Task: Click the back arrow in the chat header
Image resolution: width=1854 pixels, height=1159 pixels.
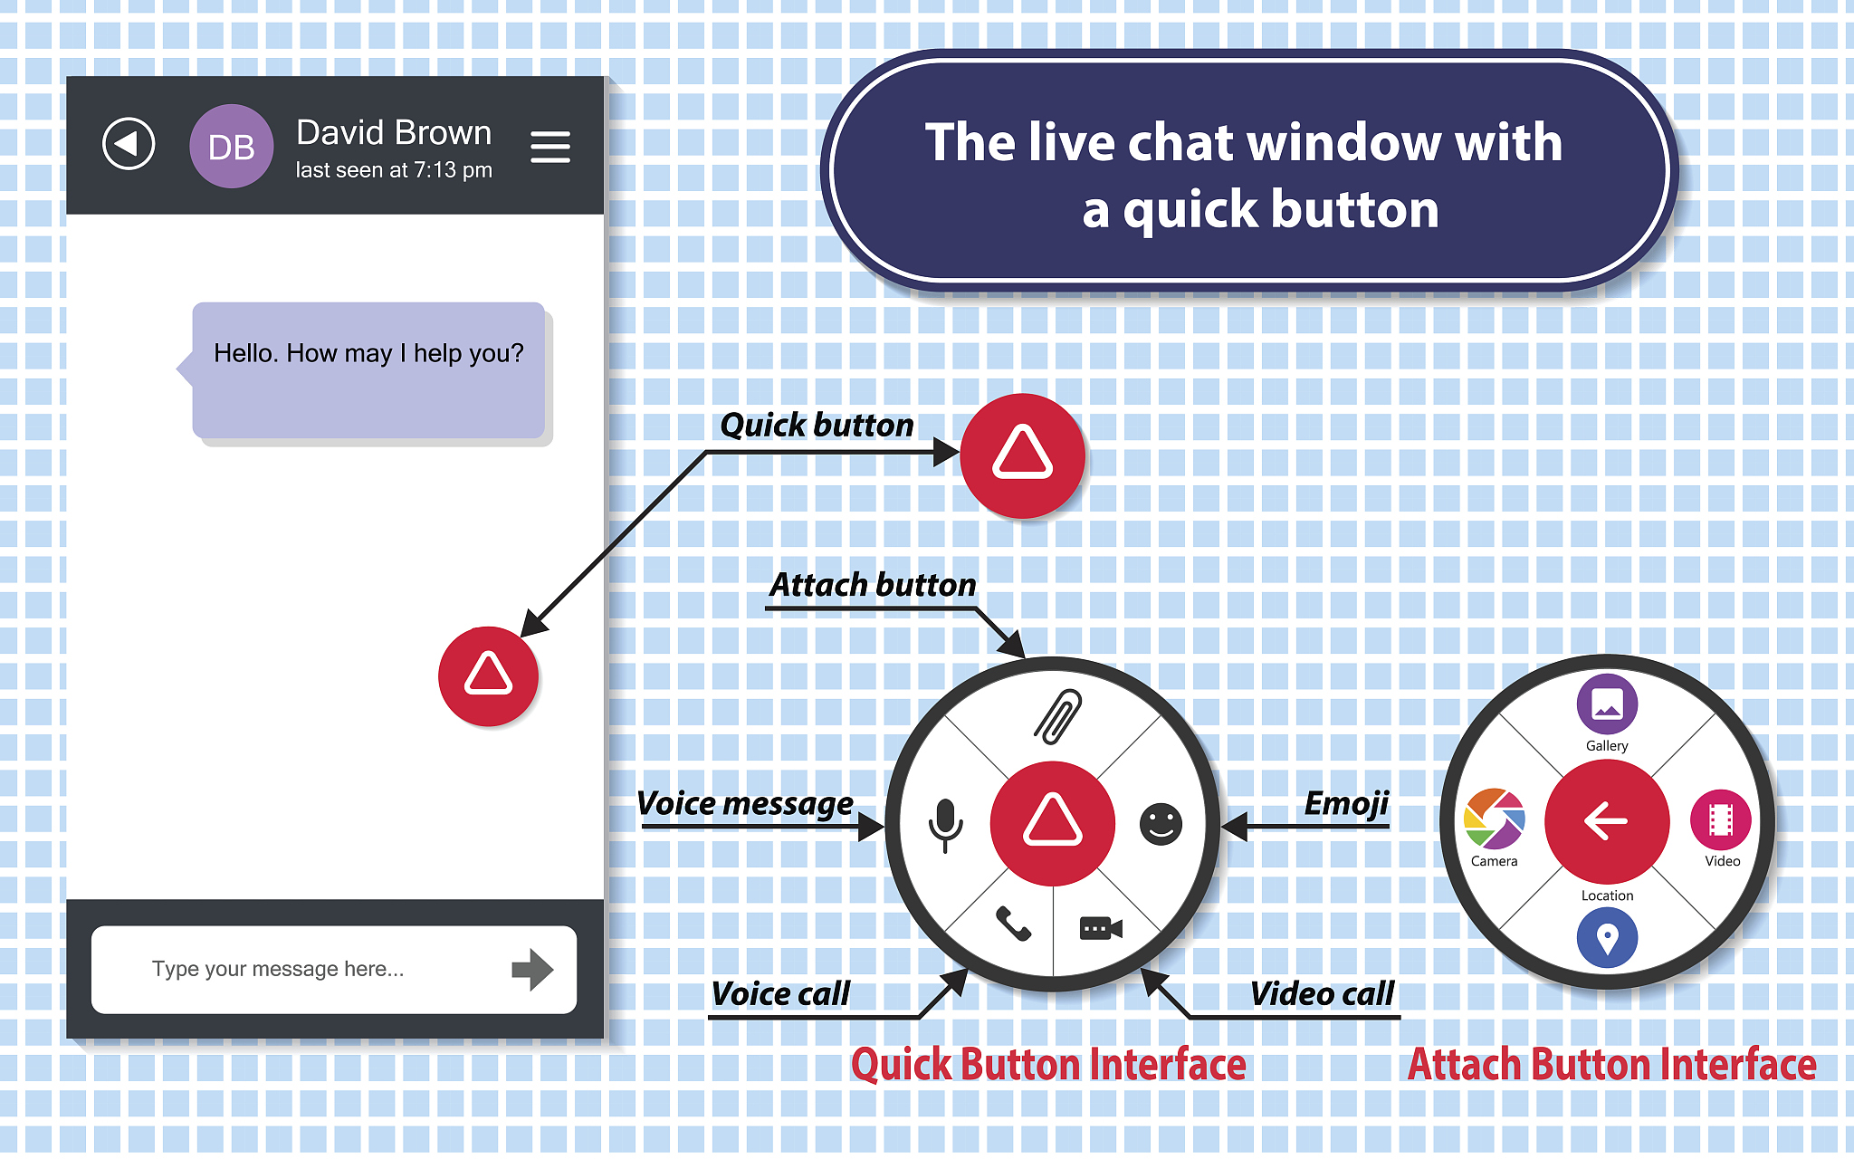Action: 129,144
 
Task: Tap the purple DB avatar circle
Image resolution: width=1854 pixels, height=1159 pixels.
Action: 232,147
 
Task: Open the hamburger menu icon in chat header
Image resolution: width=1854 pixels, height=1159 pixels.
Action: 550,147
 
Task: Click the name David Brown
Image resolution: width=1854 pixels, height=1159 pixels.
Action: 394,133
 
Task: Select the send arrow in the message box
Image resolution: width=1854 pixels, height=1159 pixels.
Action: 532,970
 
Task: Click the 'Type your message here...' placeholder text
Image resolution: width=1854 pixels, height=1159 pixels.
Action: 278,969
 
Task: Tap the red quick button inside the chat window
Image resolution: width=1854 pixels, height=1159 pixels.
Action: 488,676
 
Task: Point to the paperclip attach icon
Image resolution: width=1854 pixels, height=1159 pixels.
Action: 1057,716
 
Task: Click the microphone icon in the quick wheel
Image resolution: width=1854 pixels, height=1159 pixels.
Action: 946,825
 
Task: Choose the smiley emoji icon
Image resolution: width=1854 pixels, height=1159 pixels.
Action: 1161,824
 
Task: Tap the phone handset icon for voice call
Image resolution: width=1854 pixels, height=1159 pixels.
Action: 1013,924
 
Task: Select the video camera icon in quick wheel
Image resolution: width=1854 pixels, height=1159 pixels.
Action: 1102,928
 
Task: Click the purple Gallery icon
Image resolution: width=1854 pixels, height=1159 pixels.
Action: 1607,704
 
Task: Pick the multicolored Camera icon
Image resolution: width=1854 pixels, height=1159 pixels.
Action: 1495,819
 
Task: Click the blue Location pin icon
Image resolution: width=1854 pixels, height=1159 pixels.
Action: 1607,938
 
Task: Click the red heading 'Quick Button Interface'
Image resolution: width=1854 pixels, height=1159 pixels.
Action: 1048,1064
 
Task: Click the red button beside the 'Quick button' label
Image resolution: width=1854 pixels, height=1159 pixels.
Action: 1022,455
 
